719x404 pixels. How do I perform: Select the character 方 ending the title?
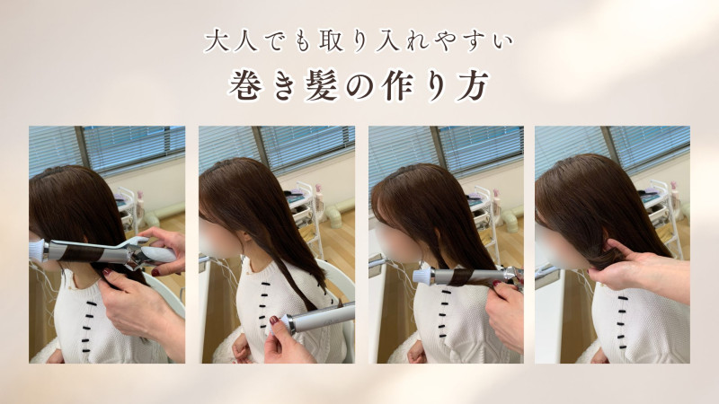point(474,85)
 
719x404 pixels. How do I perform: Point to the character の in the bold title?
point(359,86)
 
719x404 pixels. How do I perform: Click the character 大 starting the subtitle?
point(217,41)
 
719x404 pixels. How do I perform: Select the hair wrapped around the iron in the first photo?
point(76,253)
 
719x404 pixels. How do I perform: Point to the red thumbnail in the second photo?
point(274,321)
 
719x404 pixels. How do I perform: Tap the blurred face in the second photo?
point(218,239)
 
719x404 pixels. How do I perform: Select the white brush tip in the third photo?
point(422,277)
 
